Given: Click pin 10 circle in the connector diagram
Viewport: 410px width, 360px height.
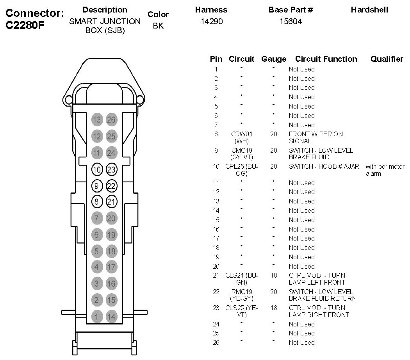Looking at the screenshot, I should (97, 169).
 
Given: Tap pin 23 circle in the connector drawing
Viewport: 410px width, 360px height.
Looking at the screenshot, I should (111, 169).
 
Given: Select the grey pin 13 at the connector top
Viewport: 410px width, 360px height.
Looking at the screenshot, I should (97, 120).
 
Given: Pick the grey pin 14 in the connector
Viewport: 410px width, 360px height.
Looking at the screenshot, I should (111, 317).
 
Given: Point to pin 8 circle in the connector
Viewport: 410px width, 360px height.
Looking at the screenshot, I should (97, 202).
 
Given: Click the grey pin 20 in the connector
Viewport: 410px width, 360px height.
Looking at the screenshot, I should (111, 218).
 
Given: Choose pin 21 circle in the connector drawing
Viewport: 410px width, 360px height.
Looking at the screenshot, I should (111, 202).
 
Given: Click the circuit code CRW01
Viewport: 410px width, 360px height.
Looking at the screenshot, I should (242, 134).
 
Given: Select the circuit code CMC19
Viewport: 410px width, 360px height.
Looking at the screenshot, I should (242, 150).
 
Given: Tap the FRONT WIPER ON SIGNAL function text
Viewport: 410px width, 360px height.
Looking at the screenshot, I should (316, 137).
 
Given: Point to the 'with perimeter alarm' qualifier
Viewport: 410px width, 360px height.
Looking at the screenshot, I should (385, 170).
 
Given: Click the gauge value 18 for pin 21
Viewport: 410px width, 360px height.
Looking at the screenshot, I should (273, 275).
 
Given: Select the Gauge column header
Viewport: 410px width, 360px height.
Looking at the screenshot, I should (273, 59).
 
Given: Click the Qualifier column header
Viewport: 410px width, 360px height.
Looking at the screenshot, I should (387, 59).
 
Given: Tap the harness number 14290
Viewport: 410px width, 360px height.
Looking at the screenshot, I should (211, 22).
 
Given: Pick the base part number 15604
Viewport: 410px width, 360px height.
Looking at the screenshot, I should (291, 22).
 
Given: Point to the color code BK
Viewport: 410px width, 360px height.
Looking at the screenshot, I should (158, 26).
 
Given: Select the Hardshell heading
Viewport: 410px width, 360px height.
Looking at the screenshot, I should (369, 10).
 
